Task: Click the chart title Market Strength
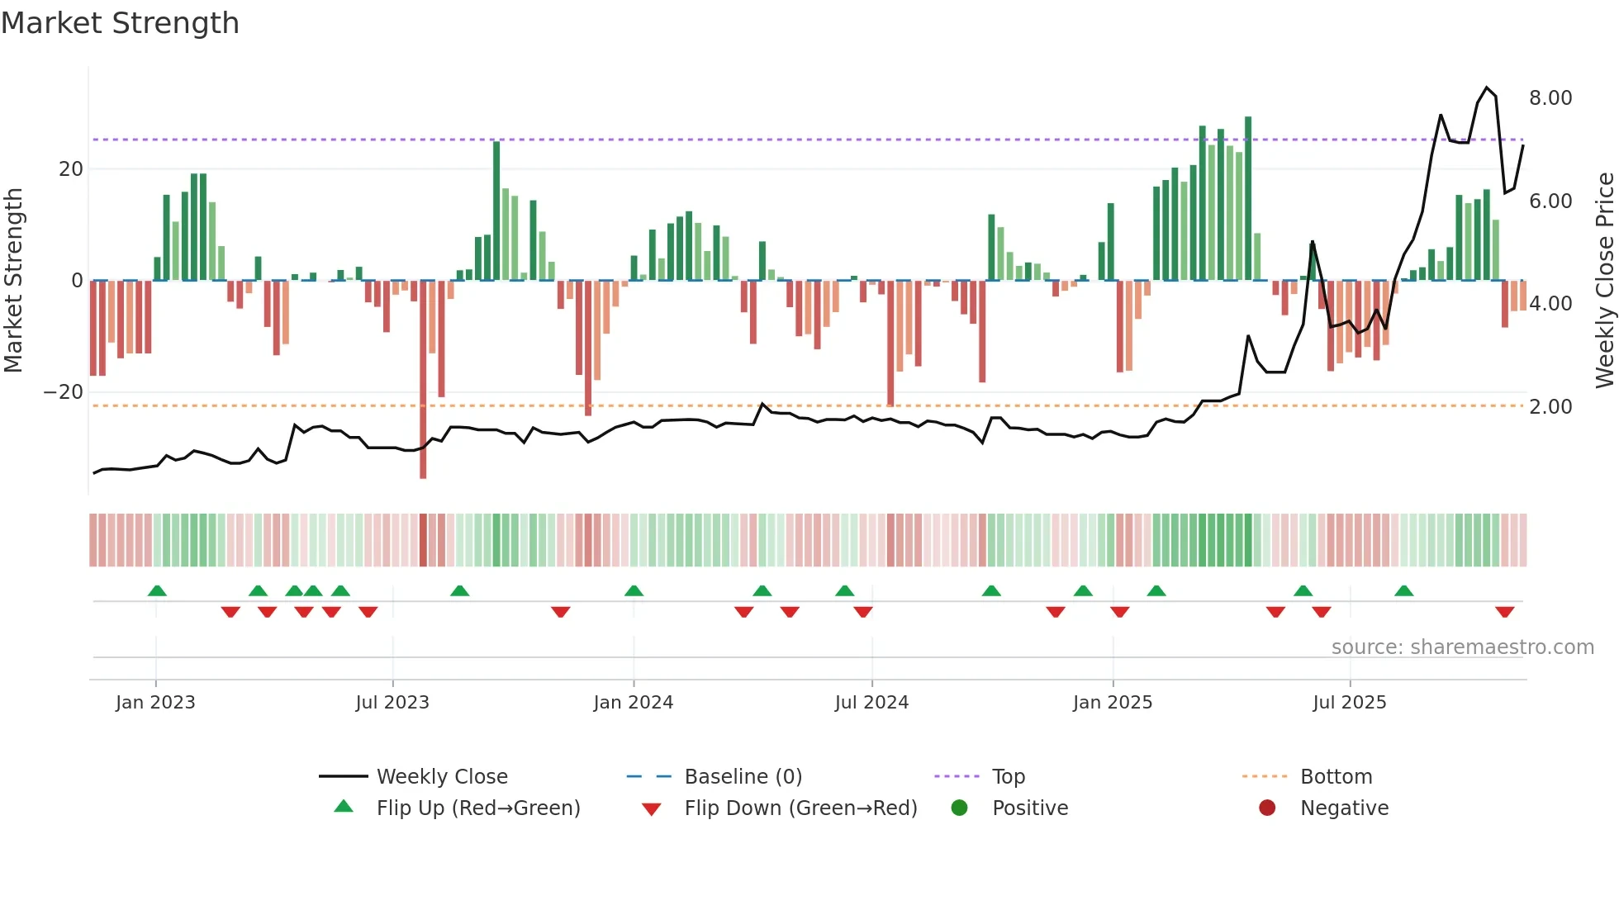coord(120,23)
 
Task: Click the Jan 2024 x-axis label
coord(633,703)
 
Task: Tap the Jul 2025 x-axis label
coord(1349,703)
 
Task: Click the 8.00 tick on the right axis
coord(1550,98)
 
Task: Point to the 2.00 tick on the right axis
coord(1550,407)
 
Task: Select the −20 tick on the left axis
coord(64,392)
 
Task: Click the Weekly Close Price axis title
coord(1604,280)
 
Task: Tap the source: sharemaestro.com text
coord(1462,647)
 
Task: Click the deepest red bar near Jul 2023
coord(423,380)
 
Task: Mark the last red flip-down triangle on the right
coord(1504,612)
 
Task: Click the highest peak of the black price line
coord(1487,88)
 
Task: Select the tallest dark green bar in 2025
coord(1248,198)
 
